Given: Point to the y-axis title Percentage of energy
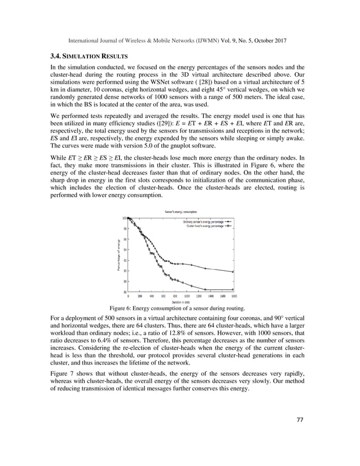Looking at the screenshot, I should (x=118, y=255).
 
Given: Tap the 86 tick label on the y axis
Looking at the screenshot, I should (x=124, y=291).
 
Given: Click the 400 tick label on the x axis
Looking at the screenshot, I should (x=152, y=296).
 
